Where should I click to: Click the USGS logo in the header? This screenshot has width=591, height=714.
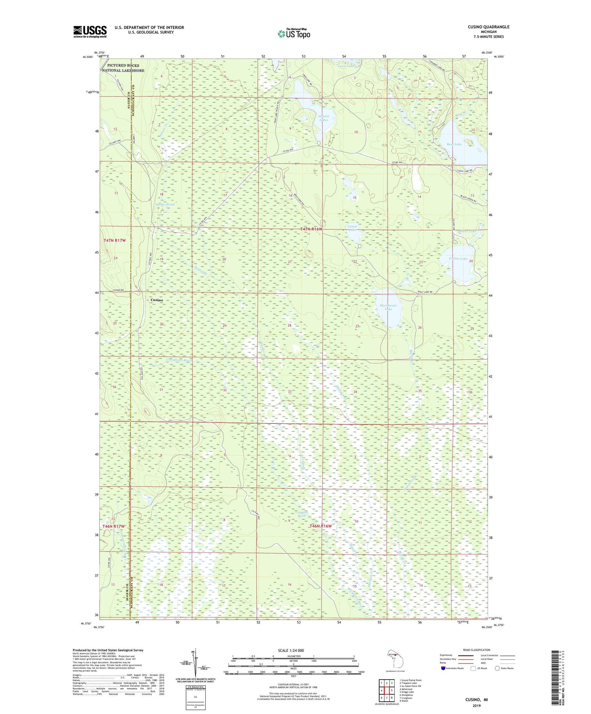click(90, 31)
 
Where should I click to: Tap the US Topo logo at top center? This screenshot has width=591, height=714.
click(293, 34)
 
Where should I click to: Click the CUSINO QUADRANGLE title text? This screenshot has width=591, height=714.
click(488, 27)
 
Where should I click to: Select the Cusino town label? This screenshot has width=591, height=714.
click(157, 300)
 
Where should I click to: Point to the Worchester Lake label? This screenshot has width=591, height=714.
click(388, 308)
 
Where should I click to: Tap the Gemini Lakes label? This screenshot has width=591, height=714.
click(324, 118)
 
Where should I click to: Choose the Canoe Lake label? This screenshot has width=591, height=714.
click(352, 228)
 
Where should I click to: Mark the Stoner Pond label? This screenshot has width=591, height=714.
click(165, 204)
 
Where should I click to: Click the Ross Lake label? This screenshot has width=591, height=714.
click(454, 144)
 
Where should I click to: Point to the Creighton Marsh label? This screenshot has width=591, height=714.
click(301, 514)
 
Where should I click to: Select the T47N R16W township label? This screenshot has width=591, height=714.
click(311, 229)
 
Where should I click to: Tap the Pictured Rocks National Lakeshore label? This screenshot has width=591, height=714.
click(123, 68)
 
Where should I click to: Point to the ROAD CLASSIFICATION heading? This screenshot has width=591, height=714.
click(476, 650)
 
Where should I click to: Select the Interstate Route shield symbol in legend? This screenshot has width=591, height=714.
click(444, 668)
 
